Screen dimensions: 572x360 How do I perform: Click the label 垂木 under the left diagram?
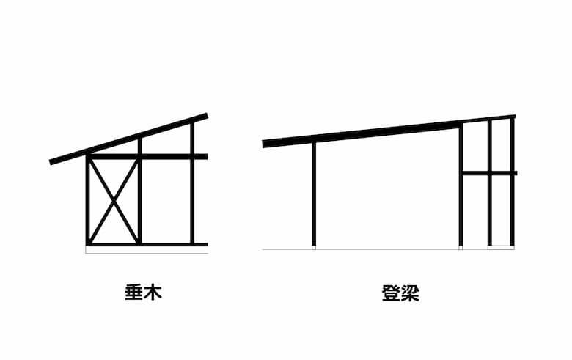coord(143,293)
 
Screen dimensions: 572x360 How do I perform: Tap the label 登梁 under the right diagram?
coord(400,293)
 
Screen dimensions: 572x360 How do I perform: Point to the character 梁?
coord(410,293)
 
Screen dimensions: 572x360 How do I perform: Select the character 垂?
coord(134,293)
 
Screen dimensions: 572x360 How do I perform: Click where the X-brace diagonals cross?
coord(114,201)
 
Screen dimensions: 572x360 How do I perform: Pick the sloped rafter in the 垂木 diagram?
coord(128,139)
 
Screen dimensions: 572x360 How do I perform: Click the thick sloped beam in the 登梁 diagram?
coord(362,134)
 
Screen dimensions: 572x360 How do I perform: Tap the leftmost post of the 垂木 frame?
coord(87,199)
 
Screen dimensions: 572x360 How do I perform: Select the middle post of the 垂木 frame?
coord(140,191)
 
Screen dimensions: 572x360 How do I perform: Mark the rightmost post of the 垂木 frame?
coord(192,183)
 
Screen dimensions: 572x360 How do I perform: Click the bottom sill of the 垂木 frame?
coord(147,244)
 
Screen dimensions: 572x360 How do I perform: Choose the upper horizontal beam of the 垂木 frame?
coord(147,156)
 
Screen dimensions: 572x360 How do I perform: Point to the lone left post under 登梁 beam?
coord(314,194)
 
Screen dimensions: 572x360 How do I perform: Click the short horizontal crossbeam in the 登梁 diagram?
coord(489,173)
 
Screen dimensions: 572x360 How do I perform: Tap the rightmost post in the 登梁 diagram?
coord(512,181)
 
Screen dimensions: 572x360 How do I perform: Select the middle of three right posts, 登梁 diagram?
coord(490,183)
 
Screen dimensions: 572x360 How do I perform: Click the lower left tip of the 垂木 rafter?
coord(51,162)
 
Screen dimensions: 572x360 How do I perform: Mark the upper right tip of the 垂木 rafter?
coord(207,116)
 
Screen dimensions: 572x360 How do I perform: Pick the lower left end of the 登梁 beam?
coord(263,144)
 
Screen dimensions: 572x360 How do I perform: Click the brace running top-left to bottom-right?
coord(114,201)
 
